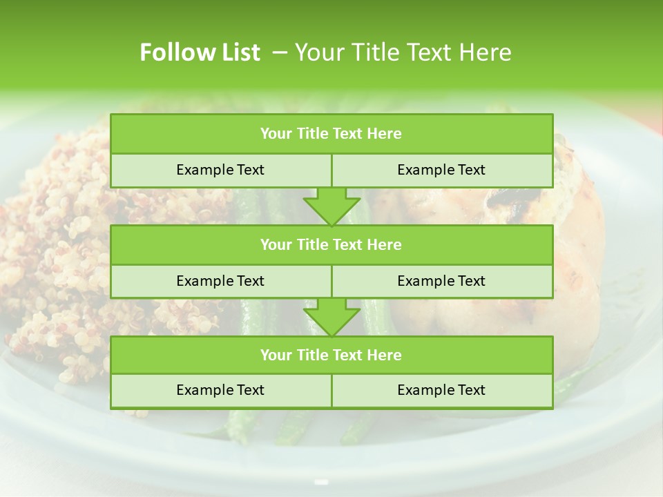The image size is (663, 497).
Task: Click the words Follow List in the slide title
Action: click(x=200, y=52)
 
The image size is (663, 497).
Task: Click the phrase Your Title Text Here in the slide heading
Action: click(x=403, y=52)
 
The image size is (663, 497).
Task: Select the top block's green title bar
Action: click(x=331, y=134)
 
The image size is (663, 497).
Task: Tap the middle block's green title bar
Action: click(x=331, y=244)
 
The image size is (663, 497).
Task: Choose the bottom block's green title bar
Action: click(x=331, y=355)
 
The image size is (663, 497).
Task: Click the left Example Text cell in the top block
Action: click(x=220, y=170)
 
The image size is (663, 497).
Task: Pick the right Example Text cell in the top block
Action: click(x=441, y=170)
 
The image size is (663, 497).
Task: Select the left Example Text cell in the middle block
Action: click(x=220, y=281)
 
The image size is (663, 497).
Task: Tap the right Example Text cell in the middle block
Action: click(x=441, y=281)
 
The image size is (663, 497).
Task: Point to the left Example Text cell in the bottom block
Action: click(x=220, y=391)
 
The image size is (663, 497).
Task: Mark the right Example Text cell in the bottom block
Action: click(x=441, y=391)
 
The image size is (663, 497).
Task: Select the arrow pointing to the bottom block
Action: click(x=331, y=317)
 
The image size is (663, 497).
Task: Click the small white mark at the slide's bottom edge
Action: click(x=321, y=481)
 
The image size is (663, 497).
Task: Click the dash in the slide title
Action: click(x=280, y=52)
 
